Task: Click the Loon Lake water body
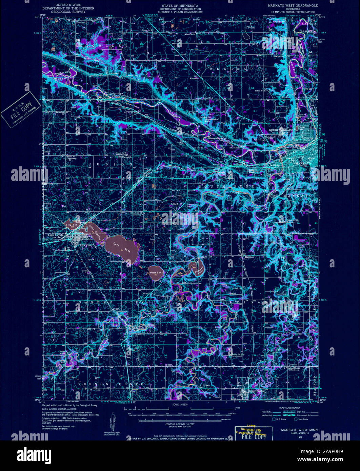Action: (122, 247)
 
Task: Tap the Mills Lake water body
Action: (156, 271)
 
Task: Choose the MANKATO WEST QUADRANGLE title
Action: (293, 5)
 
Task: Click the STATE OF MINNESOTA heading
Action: (180, 6)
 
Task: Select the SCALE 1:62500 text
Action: (180, 405)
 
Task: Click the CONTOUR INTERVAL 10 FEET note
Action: (180, 424)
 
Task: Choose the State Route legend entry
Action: (301, 419)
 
